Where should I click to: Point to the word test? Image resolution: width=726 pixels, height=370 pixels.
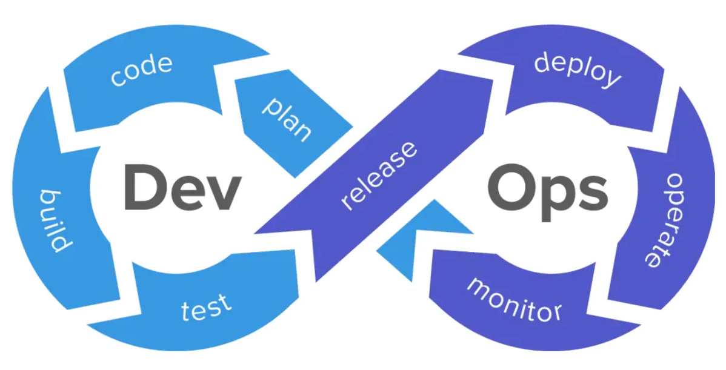[206, 308]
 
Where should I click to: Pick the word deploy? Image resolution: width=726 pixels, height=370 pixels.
[577, 70]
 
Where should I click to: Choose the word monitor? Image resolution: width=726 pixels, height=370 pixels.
[514, 298]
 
